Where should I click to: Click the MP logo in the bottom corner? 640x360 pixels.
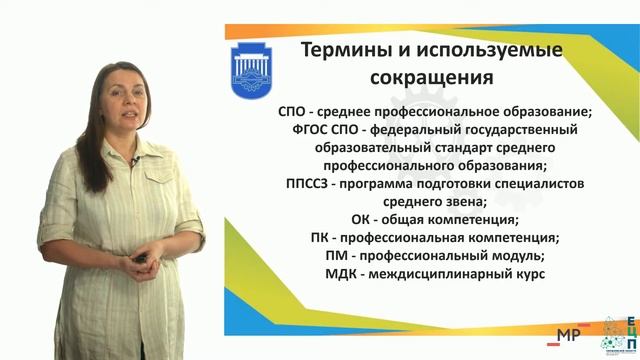click(570, 335)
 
